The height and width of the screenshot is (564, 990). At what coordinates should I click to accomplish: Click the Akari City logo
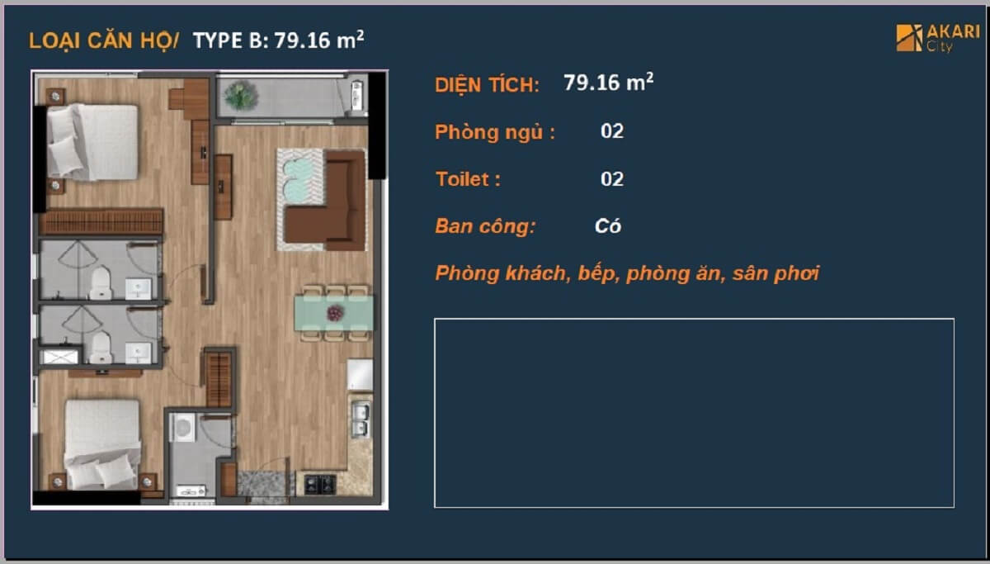(x=937, y=38)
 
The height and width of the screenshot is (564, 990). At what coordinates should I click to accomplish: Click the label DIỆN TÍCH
(x=487, y=84)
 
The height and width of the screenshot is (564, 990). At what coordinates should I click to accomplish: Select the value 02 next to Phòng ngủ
(x=612, y=131)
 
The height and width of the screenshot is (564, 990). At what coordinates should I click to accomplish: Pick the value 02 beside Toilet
(x=612, y=179)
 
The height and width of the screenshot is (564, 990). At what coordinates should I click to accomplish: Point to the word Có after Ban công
(x=608, y=226)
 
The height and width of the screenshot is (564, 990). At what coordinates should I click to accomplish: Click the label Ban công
(x=485, y=226)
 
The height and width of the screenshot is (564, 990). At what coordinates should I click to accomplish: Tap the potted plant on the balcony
(x=241, y=95)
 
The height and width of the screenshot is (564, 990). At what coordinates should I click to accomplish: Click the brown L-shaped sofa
(x=326, y=201)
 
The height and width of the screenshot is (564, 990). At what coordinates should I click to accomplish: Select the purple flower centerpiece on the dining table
(x=335, y=314)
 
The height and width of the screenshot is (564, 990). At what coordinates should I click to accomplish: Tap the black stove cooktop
(x=320, y=484)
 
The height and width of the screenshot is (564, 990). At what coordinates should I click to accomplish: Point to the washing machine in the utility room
(x=182, y=427)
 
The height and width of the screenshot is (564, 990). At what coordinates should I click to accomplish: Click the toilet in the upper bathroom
(x=101, y=283)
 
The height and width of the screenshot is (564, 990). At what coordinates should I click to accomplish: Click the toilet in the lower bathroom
(x=101, y=348)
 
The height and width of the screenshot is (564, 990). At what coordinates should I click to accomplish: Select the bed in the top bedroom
(x=92, y=142)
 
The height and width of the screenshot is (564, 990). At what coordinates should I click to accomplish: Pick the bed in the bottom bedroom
(x=102, y=444)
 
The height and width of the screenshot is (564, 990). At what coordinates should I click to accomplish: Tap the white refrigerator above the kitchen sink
(x=360, y=375)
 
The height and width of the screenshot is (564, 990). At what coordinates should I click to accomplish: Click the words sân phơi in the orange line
(x=775, y=273)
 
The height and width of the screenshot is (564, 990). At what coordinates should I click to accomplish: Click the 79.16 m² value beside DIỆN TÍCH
(x=609, y=83)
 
